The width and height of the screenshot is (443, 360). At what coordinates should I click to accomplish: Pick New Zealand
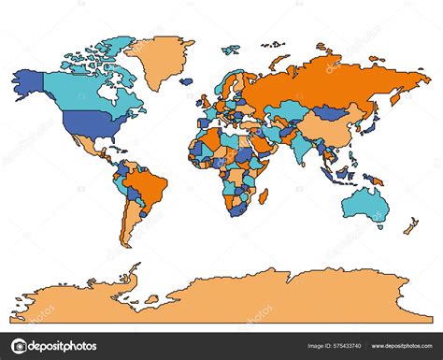click(x=410, y=226)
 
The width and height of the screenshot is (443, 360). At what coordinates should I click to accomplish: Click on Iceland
click(x=186, y=80)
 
